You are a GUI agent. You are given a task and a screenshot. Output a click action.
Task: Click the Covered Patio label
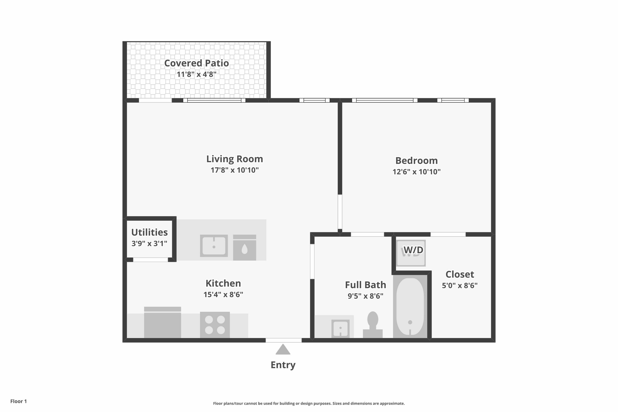(x=197, y=63)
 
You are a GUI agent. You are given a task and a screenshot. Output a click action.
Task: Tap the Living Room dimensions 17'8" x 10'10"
(x=235, y=170)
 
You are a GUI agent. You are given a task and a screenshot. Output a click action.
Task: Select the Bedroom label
(x=417, y=160)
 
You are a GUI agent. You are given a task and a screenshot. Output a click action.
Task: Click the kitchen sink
(x=214, y=246)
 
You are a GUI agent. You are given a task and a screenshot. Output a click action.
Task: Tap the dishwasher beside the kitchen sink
(x=245, y=248)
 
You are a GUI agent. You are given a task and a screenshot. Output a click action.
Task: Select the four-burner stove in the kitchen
(x=215, y=325)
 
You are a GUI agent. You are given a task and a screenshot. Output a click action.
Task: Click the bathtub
(x=410, y=306)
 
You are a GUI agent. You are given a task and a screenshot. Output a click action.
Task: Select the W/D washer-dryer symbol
(x=411, y=253)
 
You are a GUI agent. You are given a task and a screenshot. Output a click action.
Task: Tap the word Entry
(x=283, y=365)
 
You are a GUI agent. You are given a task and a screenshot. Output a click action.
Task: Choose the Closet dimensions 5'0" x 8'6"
(x=460, y=285)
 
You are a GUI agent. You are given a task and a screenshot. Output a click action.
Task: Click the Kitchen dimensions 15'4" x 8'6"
(x=223, y=294)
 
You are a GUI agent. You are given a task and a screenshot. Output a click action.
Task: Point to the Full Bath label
(x=365, y=285)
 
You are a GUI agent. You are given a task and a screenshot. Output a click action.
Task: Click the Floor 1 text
(x=18, y=401)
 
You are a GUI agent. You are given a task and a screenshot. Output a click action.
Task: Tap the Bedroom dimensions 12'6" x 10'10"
(x=417, y=172)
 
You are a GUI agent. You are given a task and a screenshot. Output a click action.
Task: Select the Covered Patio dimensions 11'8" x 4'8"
(x=197, y=74)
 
